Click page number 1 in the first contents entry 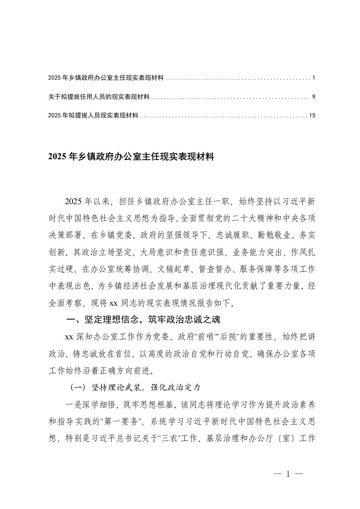[x=314, y=78]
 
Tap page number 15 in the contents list [x=312, y=116]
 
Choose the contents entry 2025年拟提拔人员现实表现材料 [x=93, y=116]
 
